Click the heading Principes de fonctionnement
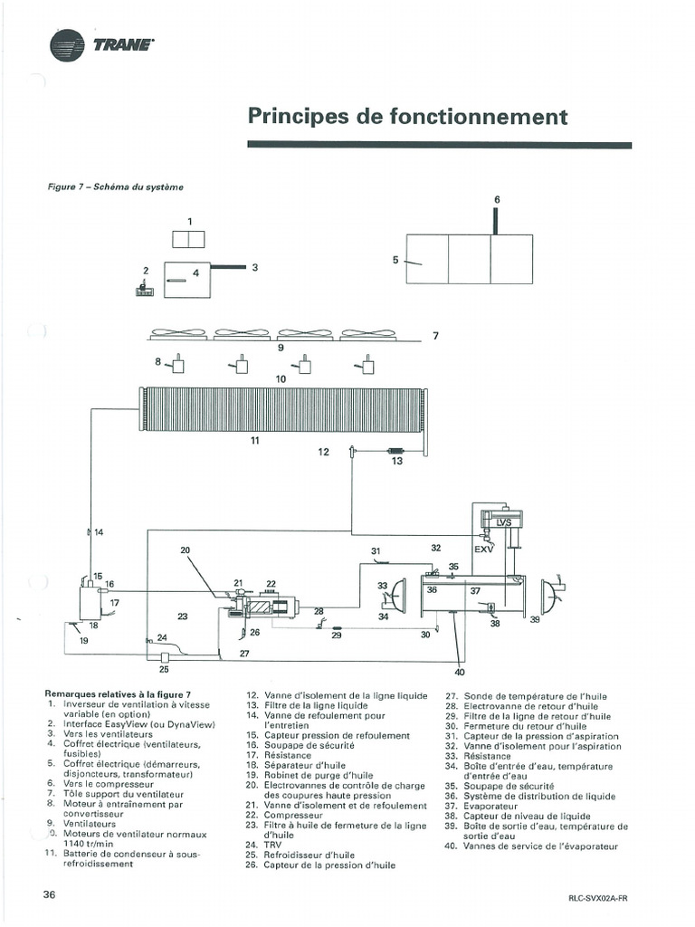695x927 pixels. click(407, 117)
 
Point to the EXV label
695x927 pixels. click(484, 549)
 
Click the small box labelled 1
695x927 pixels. click(189, 240)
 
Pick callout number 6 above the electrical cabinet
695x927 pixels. click(496, 199)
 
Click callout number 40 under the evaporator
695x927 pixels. click(460, 672)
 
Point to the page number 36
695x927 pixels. click(51, 894)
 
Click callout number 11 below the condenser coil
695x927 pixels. click(255, 440)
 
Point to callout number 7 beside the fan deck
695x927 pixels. click(435, 336)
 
